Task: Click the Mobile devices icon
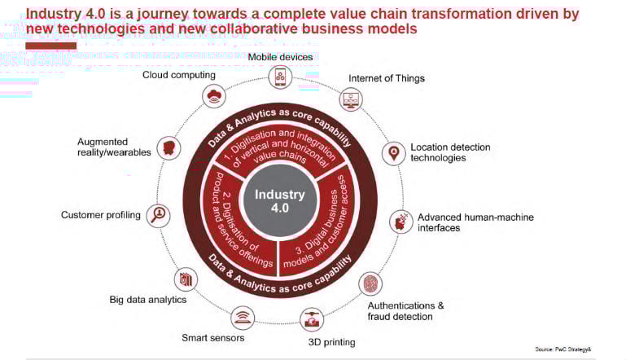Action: coord(280,77)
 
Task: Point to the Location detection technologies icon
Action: coord(394,152)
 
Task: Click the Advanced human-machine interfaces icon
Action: coord(401,221)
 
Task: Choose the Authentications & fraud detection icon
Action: coord(370,283)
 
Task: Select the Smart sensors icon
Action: coord(242,316)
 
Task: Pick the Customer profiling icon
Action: coord(159,215)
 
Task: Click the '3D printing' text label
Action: coord(331,342)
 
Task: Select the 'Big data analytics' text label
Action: coord(148,300)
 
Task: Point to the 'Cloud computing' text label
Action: coord(179,75)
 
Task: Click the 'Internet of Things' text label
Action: coord(387,79)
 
